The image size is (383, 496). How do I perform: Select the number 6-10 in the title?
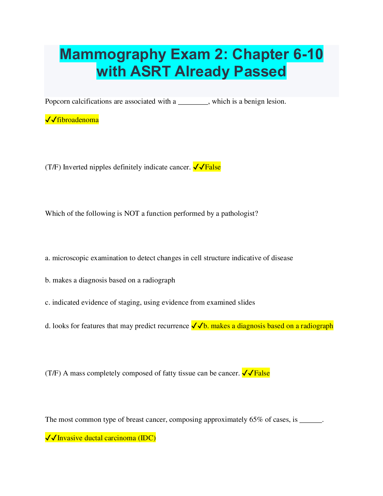pos(308,54)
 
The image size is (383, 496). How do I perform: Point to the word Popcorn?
pos(57,101)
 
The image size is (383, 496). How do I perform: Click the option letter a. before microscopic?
pos(48,258)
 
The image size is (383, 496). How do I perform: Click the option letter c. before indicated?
pos(48,303)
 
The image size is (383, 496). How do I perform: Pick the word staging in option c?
pos(129,303)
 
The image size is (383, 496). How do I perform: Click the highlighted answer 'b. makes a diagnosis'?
pos(262,326)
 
